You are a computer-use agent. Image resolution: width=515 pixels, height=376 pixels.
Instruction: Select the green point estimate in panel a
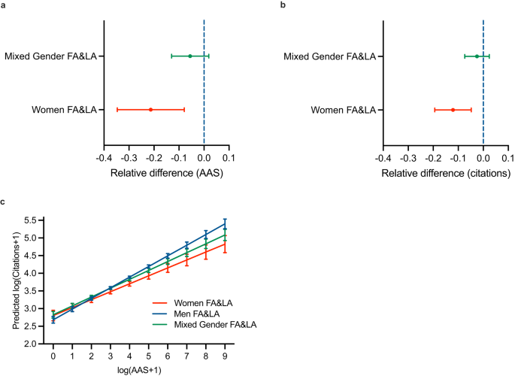pos(190,56)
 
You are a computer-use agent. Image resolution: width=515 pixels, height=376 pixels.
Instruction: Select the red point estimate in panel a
pos(150,110)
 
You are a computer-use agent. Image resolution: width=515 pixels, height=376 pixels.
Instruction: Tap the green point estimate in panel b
pos(477,56)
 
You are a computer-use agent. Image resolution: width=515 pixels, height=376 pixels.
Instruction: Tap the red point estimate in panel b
pos(453,110)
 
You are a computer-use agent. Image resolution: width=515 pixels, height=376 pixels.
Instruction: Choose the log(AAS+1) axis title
pos(139,371)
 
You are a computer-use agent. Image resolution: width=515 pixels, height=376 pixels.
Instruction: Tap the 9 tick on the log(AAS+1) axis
pos(225,354)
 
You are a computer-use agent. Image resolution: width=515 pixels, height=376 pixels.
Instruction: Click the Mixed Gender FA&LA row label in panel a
pos(50,56)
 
